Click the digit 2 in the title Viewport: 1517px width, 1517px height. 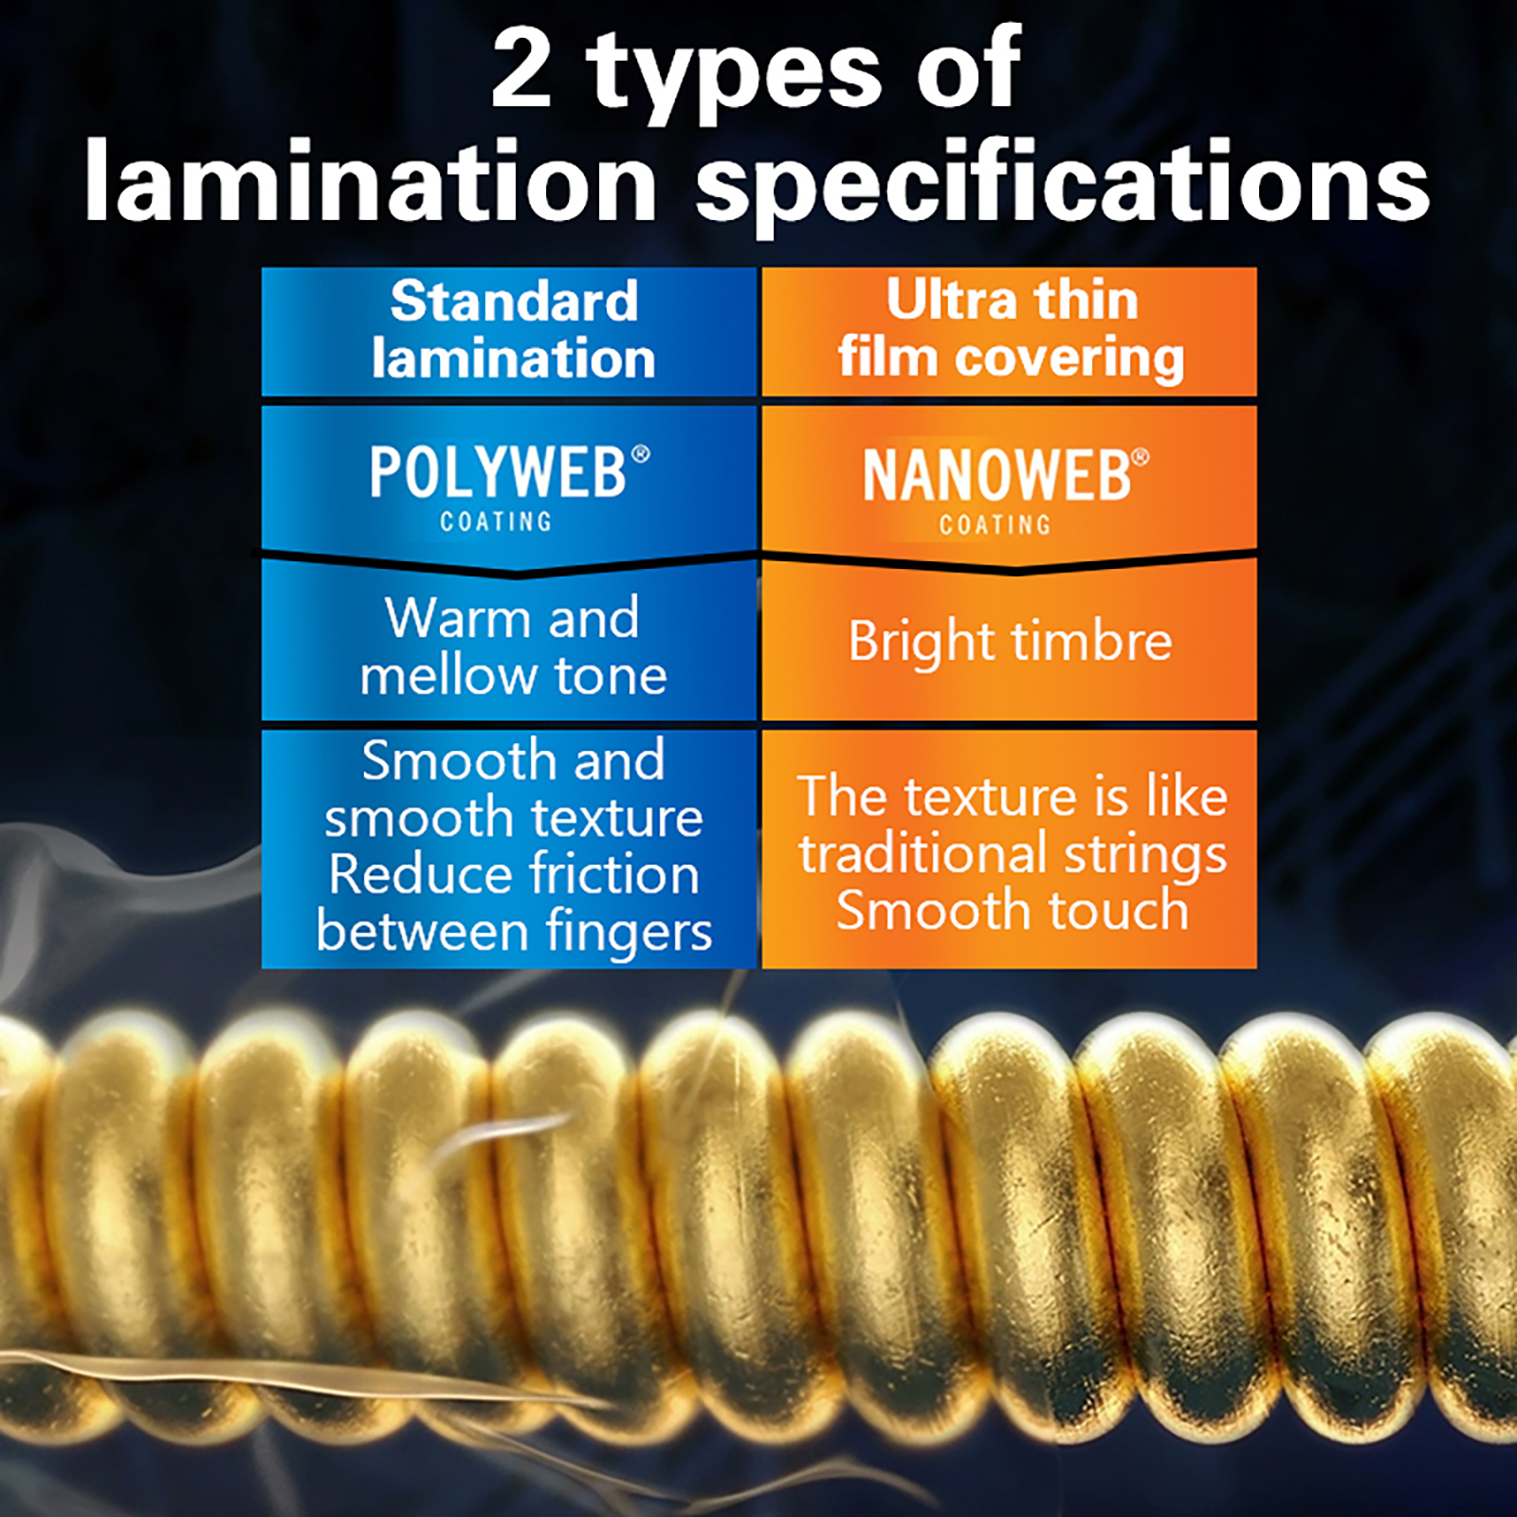pos(521,68)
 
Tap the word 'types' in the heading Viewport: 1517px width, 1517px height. pos(735,76)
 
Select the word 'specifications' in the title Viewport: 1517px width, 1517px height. pos(1062,185)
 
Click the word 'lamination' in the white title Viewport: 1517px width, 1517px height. pos(371,180)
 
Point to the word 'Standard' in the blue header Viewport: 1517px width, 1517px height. pos(514,301)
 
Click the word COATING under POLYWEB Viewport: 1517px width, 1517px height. pos(496,521)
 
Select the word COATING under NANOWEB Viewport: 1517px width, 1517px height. pos(996,524)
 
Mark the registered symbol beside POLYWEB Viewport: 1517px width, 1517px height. pos(641,454)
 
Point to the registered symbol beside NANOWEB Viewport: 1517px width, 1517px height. pos(1141,458)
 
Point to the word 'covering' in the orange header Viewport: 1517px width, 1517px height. pos(1069,359)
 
